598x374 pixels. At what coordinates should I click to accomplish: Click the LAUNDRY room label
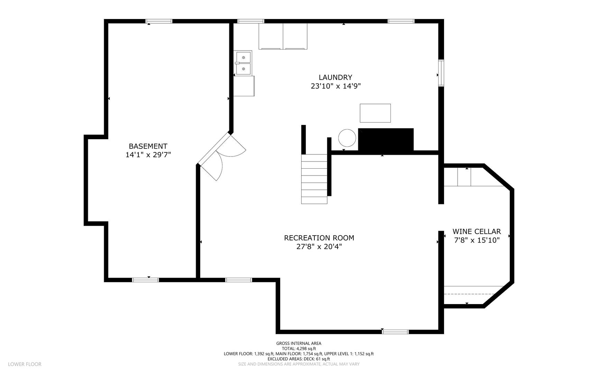pos(335,78)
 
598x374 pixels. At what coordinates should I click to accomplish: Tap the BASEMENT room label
pos(148,146)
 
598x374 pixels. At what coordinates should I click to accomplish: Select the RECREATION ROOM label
pos(319,238)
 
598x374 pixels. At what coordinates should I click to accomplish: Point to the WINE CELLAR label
pos(477,231)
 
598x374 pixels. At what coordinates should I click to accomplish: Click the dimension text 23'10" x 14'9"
pos(335,86)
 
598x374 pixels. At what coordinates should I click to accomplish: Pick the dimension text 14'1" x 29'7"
pos(148,155)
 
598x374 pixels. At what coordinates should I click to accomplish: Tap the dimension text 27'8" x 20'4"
pos(319,247)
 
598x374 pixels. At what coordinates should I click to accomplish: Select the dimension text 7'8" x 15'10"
pos(477,240)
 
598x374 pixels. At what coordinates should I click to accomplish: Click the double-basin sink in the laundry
pos(243,63)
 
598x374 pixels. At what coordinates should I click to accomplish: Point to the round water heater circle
pos(347,138)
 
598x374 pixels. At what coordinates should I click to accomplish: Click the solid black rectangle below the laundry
pos(386,140)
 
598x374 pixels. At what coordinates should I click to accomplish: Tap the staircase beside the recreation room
pos(314,179)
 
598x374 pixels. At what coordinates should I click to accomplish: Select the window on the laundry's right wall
pos(441,73)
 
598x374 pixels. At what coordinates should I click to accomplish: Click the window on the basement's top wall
pos(159,21)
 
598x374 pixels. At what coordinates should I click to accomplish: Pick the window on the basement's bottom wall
pos(146,280)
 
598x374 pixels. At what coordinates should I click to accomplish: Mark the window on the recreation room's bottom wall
pos(395,332)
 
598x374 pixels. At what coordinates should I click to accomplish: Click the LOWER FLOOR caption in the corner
pos(25,364)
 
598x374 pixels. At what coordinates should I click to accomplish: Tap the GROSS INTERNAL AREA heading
pos(299,344)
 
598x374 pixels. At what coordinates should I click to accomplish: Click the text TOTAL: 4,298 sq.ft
pos(299,349)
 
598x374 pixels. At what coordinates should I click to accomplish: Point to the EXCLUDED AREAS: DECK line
pos(299,359)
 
